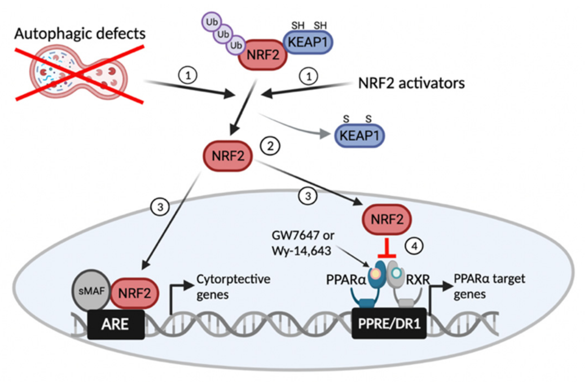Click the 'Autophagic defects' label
pos(80,34)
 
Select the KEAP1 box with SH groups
pos(308,42)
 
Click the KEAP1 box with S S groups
pos(360,136)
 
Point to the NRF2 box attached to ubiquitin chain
pos(263,55)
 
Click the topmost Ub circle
pos(212,22)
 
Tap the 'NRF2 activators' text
pos(411,84)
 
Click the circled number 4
pos(414,246)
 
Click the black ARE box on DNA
pos(116,324)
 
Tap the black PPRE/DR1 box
pos(389,323)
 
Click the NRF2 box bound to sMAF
pos(134,293)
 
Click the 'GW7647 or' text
pos(303,236)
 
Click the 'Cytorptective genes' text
pos(233,287)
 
